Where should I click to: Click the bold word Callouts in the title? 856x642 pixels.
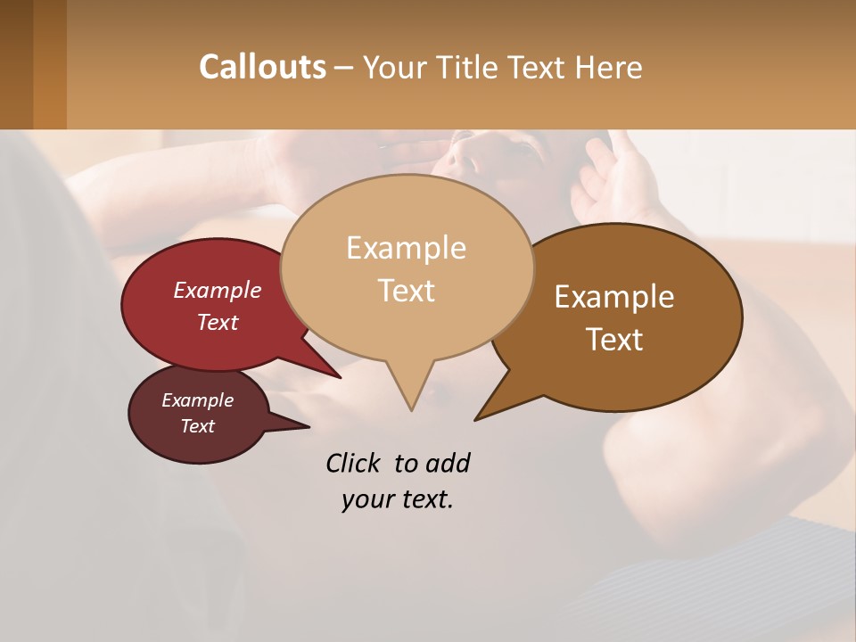pos(262,67)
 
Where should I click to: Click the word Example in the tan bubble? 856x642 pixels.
pos(406,248)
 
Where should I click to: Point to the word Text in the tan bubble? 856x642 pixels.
pos(406,291)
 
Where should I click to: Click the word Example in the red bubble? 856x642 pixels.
pos(217,290)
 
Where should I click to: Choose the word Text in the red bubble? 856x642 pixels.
pos(217,322)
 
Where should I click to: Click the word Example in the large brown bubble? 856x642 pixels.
pos(614,297)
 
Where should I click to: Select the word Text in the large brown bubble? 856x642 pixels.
pos(614,340)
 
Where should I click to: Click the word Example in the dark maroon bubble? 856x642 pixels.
pos(197,400)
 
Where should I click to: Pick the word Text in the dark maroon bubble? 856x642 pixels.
pos(197,426)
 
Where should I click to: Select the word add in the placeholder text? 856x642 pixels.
pos(448,463)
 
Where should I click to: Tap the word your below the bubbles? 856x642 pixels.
pos(365,499)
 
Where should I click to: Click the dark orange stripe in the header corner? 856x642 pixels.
pos(50,64)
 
